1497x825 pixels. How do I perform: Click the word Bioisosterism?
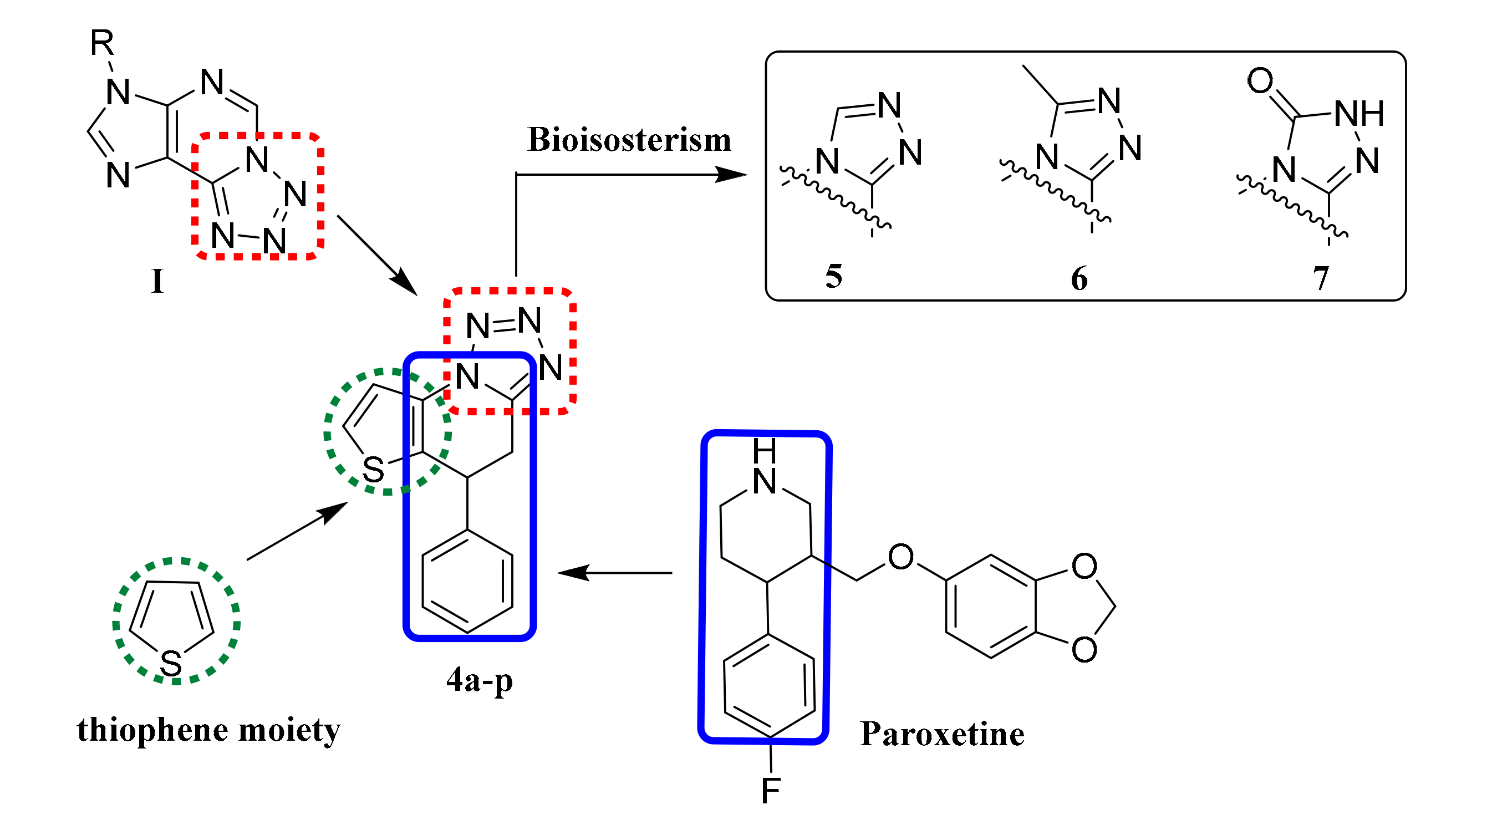[x=629, y=140]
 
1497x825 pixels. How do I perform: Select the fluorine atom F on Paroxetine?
[x=771, y=791]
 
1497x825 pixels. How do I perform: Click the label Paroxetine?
[x=942, y=734]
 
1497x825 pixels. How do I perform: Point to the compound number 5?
[x=834, y=276]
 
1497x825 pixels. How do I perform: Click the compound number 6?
[x=1079, y=278]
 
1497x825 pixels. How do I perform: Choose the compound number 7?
[x=1320, y=278]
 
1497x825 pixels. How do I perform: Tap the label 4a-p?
[x=480, y=680]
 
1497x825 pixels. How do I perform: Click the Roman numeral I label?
[x=157, y=281]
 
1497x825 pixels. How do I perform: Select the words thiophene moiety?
[x=208, y=730]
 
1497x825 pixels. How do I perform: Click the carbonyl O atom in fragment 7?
[x=1260, y=80]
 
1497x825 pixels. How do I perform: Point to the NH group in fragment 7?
[x=1359, y=113]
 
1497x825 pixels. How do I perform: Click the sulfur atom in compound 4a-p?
[x=373, y=470]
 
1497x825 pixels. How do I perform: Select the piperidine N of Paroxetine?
[x=764, y=481]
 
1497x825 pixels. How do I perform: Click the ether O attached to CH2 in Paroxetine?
[x=901, y=557]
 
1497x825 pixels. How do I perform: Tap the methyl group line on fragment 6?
[x=1040, y=85]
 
